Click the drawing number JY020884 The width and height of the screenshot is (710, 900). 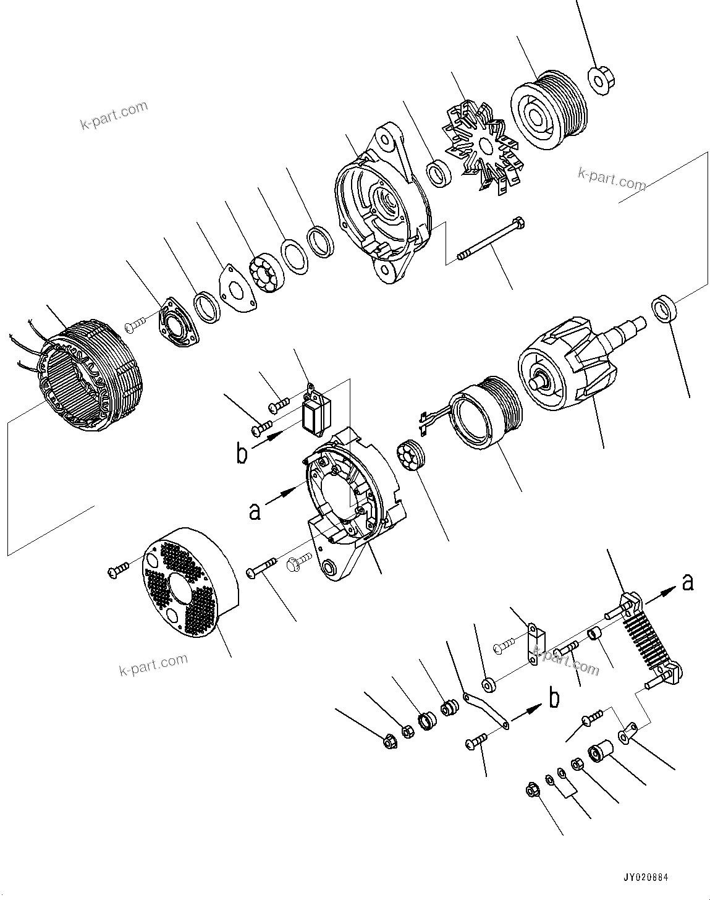(645, 878)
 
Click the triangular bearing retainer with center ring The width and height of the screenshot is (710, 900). (179, 323)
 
